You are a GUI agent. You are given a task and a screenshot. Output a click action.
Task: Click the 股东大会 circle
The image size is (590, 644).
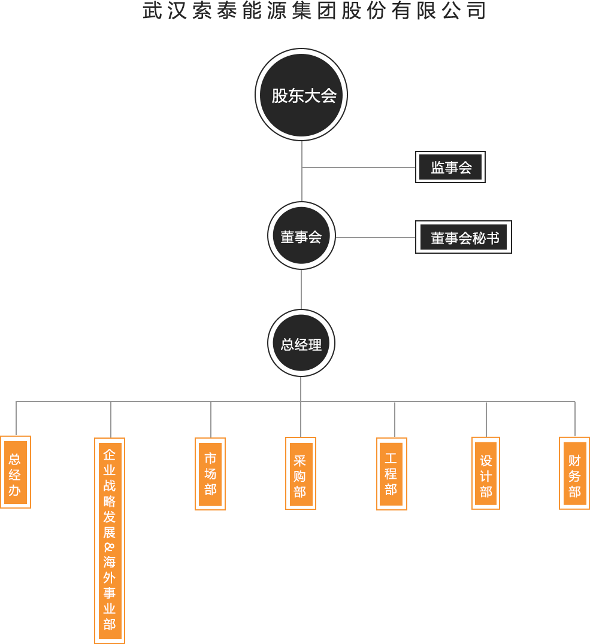point(301,95)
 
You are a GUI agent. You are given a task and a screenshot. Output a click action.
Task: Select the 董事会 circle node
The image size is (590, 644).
point(301,236)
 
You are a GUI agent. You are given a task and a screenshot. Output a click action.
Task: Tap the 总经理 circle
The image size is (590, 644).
point(301,344)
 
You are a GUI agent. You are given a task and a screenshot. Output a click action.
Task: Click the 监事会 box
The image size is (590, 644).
point(450,167)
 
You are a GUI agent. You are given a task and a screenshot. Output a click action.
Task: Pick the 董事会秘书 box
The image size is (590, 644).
point(464,238)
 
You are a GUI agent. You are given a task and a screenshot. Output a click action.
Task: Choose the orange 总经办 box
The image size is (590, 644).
point(16,472)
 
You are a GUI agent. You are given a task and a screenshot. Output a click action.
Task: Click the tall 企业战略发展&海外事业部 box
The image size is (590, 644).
point(110,540)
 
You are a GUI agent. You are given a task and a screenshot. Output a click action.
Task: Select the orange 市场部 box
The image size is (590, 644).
point(210,473)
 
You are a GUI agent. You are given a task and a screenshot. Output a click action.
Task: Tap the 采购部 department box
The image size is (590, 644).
point(301,473)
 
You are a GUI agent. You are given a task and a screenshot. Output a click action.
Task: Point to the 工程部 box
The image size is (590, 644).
point(392,473)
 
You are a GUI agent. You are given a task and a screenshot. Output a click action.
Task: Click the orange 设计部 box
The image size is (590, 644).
point(486,473)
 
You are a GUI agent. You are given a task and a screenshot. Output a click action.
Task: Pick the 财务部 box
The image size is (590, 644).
point(574,473)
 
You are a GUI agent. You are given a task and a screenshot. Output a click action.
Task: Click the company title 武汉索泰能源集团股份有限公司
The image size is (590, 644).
point(314,11)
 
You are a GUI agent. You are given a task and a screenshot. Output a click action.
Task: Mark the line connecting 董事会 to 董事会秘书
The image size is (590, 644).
point(376,238)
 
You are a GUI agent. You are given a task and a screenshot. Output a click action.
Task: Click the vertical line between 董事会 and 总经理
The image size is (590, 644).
point(301,289)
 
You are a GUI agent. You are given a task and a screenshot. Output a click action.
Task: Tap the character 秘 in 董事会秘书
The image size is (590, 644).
point(479,238)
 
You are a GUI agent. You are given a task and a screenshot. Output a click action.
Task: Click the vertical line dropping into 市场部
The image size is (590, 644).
point(211,419)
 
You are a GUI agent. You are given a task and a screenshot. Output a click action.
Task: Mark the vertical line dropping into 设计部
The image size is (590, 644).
point(486,419)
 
